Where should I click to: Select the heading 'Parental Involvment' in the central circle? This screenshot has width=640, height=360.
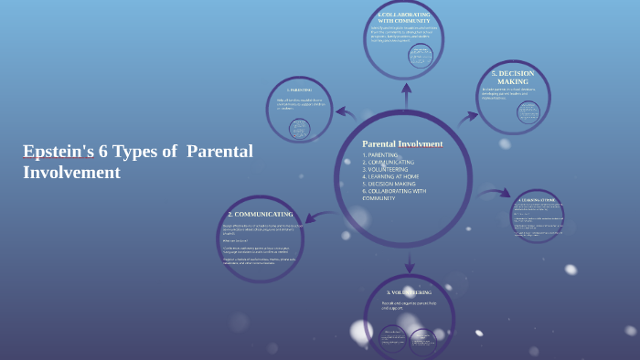(402, 143)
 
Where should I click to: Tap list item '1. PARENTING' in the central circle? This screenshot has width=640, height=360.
(379, 155)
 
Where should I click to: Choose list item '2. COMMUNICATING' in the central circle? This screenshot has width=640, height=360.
(388, 163)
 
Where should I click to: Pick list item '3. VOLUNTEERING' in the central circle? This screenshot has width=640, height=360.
(385, 169)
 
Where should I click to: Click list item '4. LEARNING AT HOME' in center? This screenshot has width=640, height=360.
(390, 176)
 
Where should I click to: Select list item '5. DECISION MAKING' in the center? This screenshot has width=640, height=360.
(389, 184)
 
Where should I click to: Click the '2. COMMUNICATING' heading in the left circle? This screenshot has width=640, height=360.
(261, 214)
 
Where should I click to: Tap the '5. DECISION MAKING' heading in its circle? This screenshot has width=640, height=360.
(513, 77)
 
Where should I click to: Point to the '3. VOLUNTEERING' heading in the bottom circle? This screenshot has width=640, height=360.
(409, 292)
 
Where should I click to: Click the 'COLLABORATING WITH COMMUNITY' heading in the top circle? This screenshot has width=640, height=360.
(403, 17)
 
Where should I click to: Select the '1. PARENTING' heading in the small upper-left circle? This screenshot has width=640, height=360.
(299, 90)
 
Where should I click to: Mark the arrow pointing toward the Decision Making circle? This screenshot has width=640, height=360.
(467, 118)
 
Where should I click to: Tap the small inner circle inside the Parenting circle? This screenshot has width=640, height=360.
(299, 129)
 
